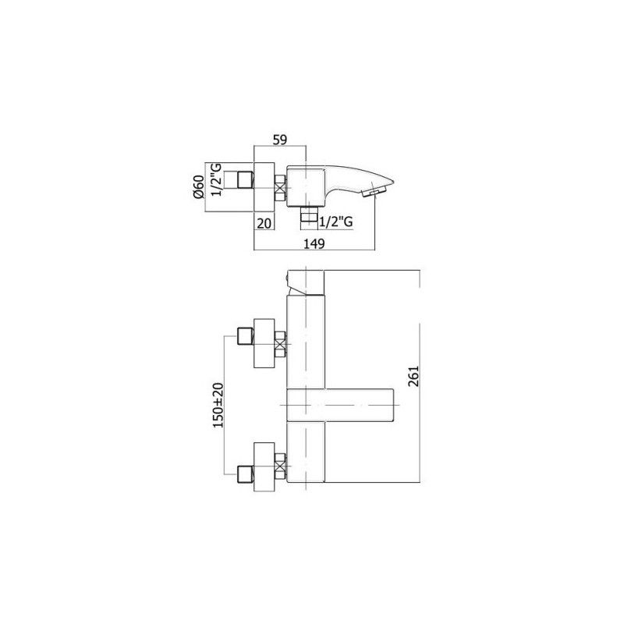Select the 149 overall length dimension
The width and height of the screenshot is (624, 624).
coord(315,243)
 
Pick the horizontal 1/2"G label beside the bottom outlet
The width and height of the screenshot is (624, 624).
coord(336,222)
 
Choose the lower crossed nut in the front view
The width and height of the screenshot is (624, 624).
coord(282,465)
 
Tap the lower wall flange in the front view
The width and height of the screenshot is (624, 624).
coord(265,465)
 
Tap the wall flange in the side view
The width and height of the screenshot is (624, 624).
coord(266,186)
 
